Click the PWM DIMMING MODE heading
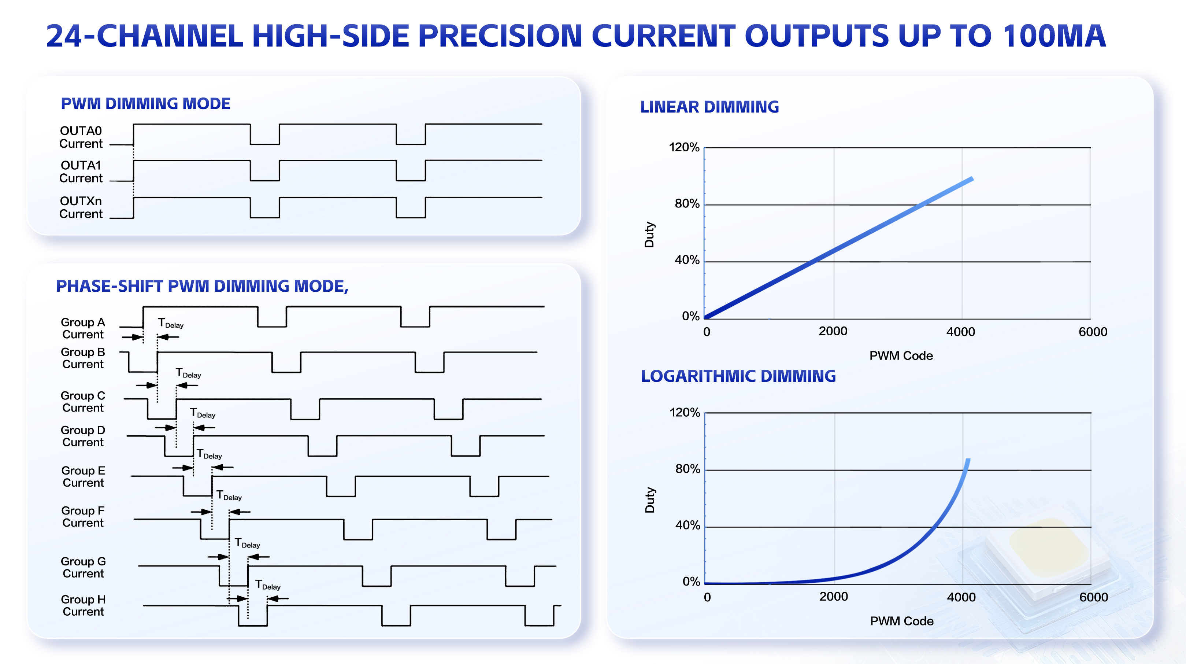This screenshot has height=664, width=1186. [x=145, y=104]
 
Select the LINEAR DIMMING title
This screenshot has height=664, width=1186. [x=709, y=107]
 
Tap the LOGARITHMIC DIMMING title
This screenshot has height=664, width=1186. [x=738, y=376]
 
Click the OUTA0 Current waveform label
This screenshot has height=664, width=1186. [x=81, y=137]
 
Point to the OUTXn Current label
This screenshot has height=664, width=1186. [x=81, y=208]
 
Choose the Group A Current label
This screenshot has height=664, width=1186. [x=83, y=328]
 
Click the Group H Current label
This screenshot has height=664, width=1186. [x=84, y=605]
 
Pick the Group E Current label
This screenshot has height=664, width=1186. [x=84, y=477]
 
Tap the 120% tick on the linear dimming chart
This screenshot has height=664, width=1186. [x=684, y=147]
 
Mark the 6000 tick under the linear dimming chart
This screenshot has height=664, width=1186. [x=1093, y=332]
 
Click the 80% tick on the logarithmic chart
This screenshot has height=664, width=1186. [x=687, y=469]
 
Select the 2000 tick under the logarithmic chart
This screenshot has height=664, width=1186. [x=833, y=597]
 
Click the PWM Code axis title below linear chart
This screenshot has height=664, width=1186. [x=901, y=356]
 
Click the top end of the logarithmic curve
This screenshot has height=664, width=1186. [x=968, y=460]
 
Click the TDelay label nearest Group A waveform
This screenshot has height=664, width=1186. [x=170, y=323]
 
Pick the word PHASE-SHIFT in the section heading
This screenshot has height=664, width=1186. [x=109, y=287]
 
